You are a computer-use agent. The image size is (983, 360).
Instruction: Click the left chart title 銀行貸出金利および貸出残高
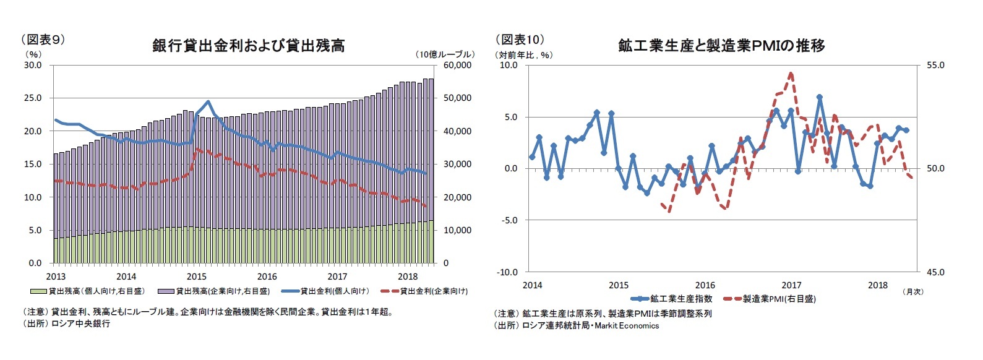(x=248, y=46)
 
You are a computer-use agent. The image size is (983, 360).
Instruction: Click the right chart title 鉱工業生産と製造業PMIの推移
(x=721, y=46)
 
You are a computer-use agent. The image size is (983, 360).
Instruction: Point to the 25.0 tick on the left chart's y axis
(x=33, y=98)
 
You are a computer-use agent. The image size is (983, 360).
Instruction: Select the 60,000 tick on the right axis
(x=457, y=65)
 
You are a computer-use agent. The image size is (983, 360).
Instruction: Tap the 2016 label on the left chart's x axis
(x=267, y=276)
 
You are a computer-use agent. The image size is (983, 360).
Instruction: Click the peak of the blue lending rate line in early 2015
(x=208, y=101)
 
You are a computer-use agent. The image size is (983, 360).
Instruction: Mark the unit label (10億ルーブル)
(x=444, y=54)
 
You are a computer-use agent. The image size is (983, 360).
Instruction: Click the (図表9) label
(x=43, y=40)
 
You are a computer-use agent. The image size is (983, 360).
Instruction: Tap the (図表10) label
(x=520, y=40)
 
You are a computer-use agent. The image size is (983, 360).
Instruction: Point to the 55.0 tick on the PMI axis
(x=935, y=65)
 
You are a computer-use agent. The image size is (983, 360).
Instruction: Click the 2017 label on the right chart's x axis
(x=791, y=285)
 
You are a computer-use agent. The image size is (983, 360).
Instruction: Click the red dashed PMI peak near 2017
(x=791, y=73)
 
